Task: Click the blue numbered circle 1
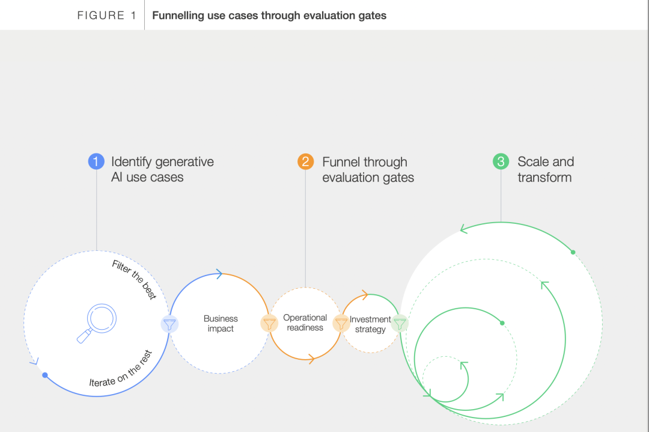(x=96, y=161)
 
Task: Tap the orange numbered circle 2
(x=305, y=161)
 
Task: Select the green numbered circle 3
(x=501, y=161)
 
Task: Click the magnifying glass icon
(x=96, y=323)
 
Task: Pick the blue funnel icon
(x=169, y=324)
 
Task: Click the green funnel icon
(x=400, y=323)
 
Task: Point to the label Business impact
(x=221, y=323)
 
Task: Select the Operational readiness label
(x=305, y=322)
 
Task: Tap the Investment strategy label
(x=370, y=324)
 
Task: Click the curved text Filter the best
(x=135, y=279)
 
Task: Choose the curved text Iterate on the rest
(x=121, y=369)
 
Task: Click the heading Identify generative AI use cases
(x=162, y=169)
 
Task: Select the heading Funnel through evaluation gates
(x=368, y=169)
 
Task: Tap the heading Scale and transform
(x=546, y=169)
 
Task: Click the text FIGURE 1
(x=106, y=15)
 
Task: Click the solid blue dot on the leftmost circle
(x=45, y=375)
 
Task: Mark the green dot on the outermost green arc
(x=573, y=252)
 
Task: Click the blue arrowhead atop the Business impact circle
(x=219, y=274)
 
